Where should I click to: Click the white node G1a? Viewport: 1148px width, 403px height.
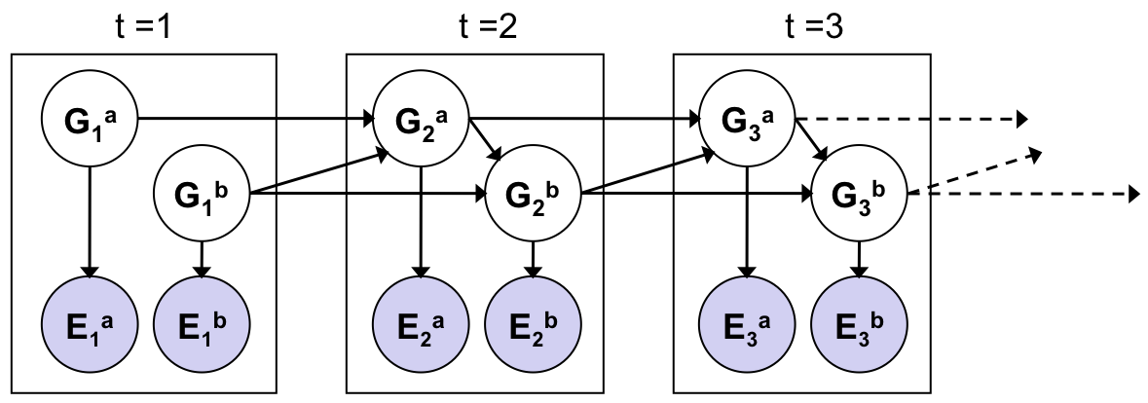(90, 120)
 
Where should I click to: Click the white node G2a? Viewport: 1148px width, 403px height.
(421, 120)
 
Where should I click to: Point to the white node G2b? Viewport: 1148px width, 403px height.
(533, 193)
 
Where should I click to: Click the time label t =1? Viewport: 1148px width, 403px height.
(142, 26)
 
